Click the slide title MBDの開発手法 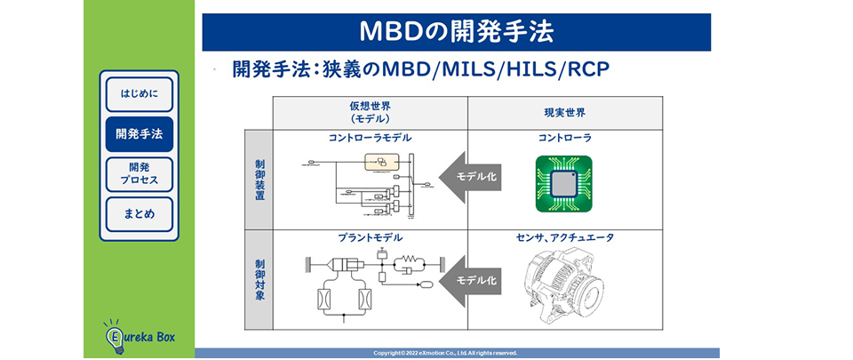[x=456, y=32]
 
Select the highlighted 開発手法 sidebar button [x=139, y=134]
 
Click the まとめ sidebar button [x=139, y=214]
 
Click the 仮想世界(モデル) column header [x=370, y=112]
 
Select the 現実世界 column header [x=564, y=113]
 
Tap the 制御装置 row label [x=259, y=180]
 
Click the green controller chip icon [x=563, y=184]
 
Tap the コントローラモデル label [x=370, y=139]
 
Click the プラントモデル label [x=370, y=238]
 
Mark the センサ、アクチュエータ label [x=564, y=238]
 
